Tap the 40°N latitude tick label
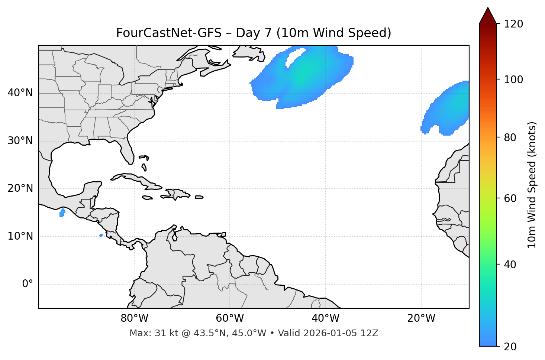20,93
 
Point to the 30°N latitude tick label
20,141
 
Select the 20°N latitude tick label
20,188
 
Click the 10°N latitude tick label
20,236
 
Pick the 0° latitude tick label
28,284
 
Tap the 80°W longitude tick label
134,318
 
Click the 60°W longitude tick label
230,318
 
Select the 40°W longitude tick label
325,318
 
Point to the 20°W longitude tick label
421,318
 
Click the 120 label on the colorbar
513,24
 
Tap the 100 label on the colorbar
513,80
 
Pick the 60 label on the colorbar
510,198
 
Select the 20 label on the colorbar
510,347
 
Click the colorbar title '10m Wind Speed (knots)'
532,185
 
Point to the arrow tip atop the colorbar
488,8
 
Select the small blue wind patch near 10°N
101,235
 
